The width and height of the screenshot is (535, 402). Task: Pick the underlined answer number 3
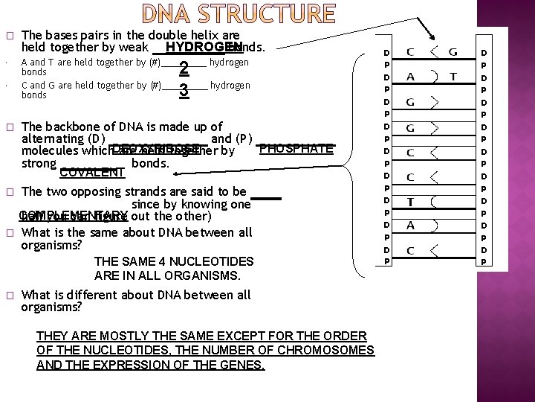(183, 92)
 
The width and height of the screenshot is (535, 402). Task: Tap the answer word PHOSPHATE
(296, 148)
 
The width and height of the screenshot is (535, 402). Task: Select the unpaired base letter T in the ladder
(410, 202)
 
